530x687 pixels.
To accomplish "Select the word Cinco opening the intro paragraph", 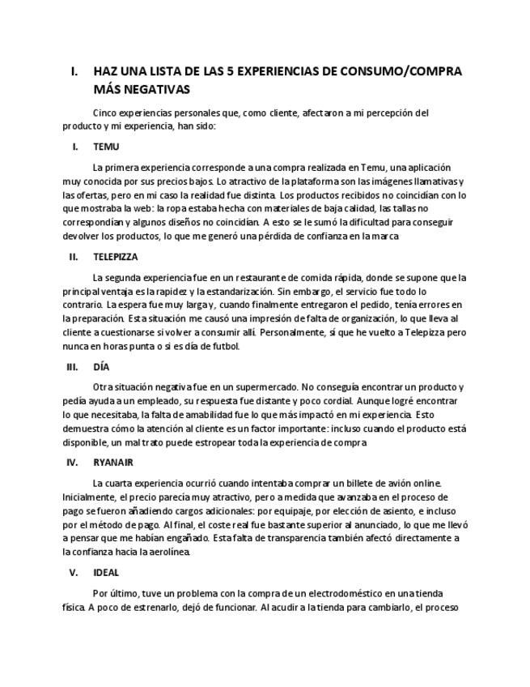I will (x=106, y=113).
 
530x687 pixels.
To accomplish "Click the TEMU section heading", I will (x=106, y=147).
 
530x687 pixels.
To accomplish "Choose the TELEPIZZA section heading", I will (x=116, y=257).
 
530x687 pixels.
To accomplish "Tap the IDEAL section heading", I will (x=106, y=572).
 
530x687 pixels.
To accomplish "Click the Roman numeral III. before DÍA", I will (x=72, y=366).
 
